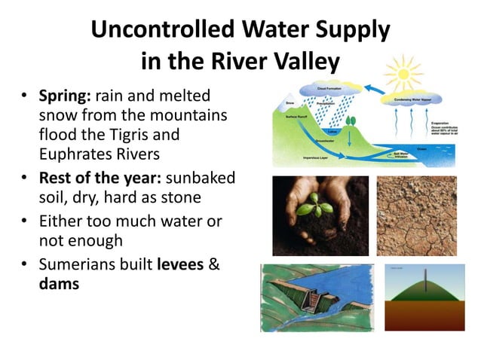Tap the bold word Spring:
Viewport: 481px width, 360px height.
pyautogui.click(x=70, y=98)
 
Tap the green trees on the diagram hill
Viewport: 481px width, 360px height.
pyautogui.click(x=350, y=120)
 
